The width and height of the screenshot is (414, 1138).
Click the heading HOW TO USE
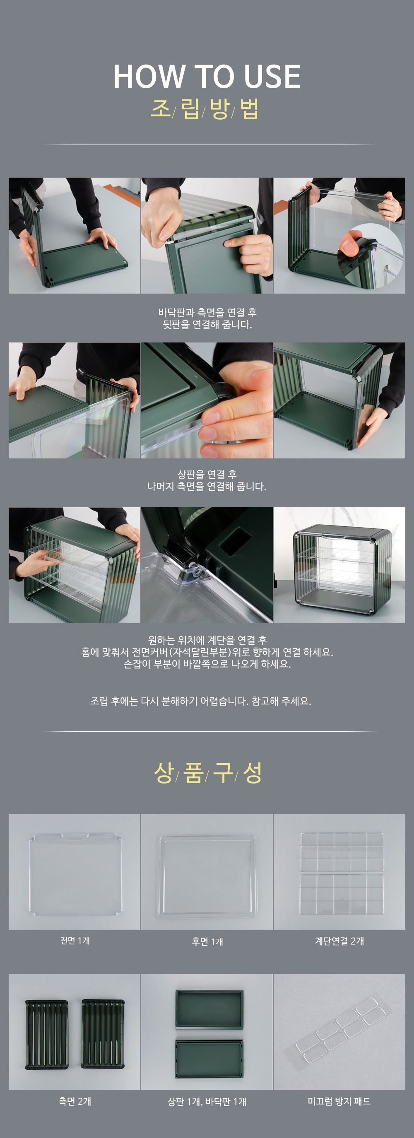click(x=207, y=77)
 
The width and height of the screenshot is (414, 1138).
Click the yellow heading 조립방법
click(x=205, y=108)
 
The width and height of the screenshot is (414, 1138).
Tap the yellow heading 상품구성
click(x=208, y=773)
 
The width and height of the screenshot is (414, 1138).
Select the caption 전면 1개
click(x=75, y=940)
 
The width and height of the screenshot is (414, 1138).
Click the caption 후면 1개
click(x=207, y=941)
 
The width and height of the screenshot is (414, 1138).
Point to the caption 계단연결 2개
click(x=339, y=941)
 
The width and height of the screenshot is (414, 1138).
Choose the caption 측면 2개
click(x=75, y=1101)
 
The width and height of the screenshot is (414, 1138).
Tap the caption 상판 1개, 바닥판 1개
click(x=207, y=1102)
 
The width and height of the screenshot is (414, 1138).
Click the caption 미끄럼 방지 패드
click(x=339, y=1101)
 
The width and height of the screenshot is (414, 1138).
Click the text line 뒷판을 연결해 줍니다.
click(x=207, y=324)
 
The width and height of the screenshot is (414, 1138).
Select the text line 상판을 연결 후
click(x=207, y=475)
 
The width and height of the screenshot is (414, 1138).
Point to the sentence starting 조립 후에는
click(x=201, y=701)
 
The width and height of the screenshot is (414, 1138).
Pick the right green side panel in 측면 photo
click(x=103, y=1034)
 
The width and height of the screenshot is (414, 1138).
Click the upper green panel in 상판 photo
click(x=209, y=1009)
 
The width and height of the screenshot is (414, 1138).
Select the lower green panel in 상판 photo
click(x=209, y=1059)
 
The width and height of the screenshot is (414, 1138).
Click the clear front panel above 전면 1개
click(x=75, y=874)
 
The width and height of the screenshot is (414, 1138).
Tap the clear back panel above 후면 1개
click(x=207, y=876)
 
